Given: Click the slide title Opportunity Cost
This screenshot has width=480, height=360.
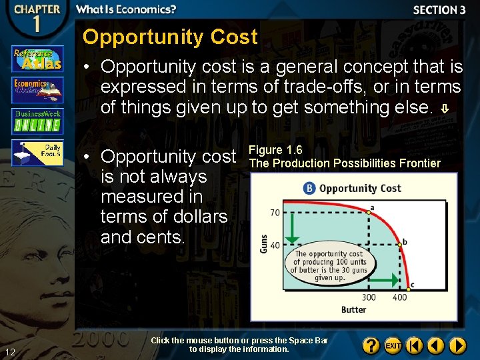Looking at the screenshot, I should click(169, 37).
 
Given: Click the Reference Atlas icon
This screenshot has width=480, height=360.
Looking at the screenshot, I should click(37, 59).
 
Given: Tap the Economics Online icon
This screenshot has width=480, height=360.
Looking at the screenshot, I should click(37, 89).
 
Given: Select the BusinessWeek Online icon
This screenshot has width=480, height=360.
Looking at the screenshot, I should click(37, 121).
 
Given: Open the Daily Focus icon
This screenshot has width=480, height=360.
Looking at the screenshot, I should click(37, 153).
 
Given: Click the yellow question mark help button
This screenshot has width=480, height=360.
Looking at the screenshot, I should click(371, 345).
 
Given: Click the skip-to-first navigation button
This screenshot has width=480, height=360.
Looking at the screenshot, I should click(415, 345).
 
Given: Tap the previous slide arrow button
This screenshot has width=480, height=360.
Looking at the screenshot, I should click(436, 345).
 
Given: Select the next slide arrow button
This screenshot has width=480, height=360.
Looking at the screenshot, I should click(457, 345).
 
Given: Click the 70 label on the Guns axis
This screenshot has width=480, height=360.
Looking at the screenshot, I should click(274, 213).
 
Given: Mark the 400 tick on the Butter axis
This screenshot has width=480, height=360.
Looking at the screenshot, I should click(399, 297).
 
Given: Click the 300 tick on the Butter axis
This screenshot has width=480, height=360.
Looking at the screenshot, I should click(369, 297).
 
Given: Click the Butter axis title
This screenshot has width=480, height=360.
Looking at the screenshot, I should click(353, 310).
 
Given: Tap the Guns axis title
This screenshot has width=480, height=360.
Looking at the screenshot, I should click(264, 243).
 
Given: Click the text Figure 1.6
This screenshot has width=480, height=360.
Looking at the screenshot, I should click(275, 150).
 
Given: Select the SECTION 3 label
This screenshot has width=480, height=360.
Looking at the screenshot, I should click(439, 10).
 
